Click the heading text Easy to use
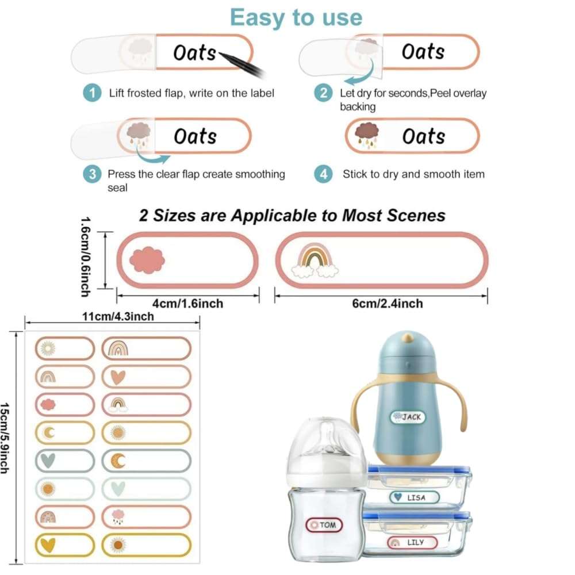[296, 17]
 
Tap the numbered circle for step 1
[91, 93]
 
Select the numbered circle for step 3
[92, 174]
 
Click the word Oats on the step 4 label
[423, 137]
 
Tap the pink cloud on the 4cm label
[147, 259]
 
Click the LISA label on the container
[414, 497]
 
